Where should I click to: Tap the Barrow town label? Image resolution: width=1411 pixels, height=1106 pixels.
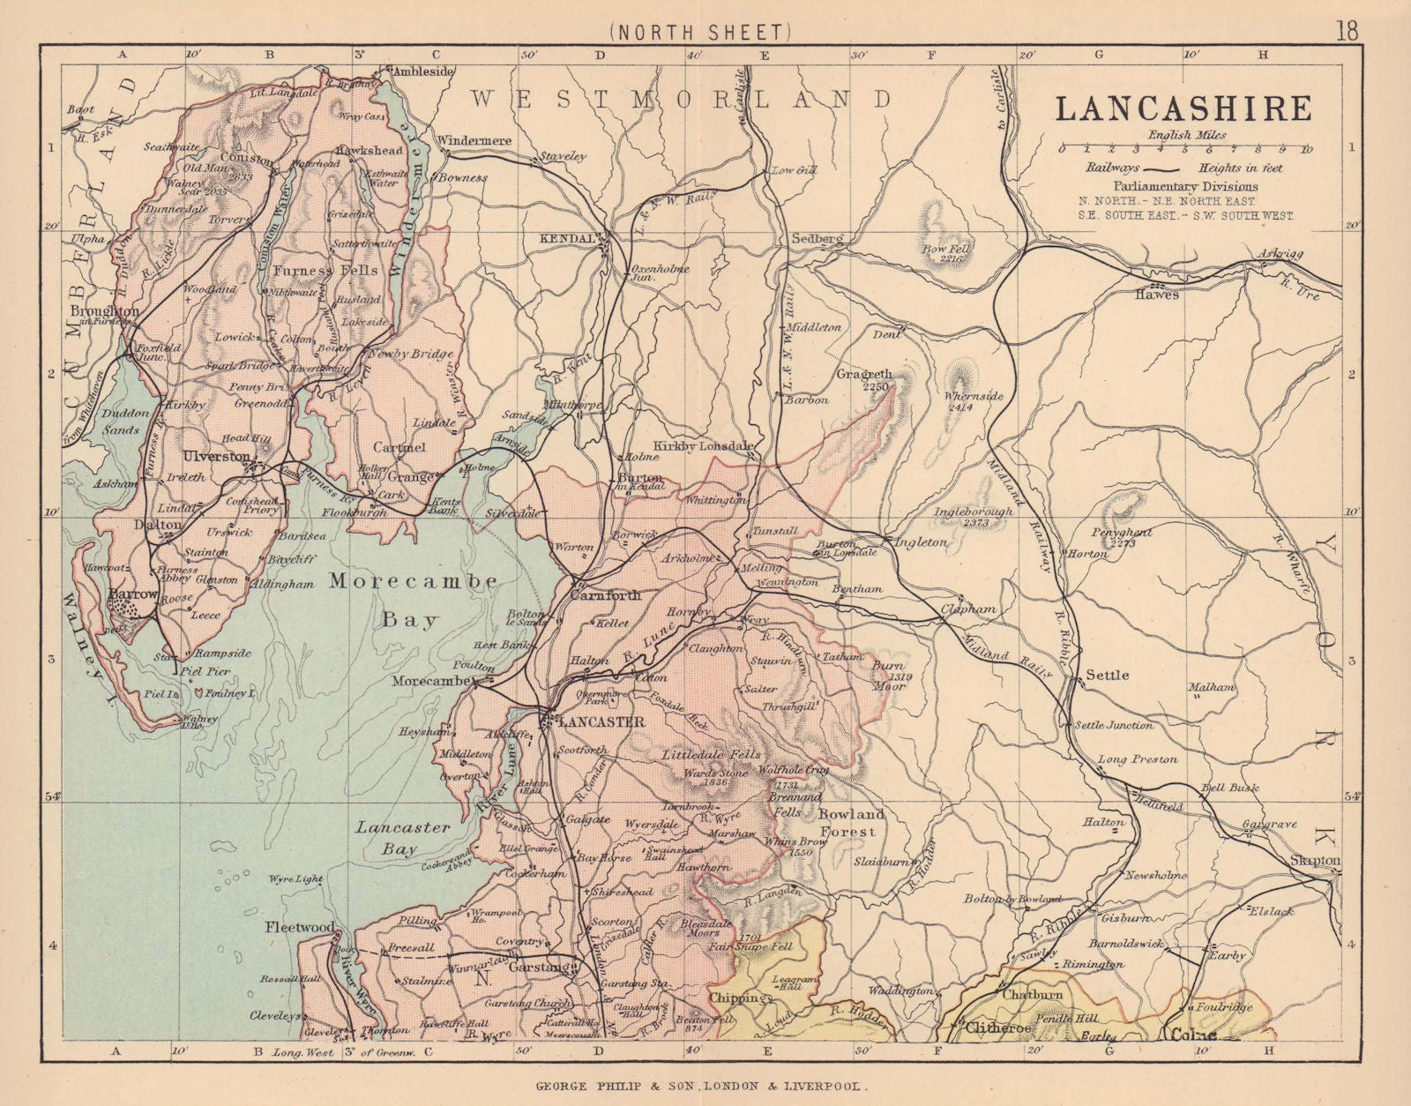[132, 595]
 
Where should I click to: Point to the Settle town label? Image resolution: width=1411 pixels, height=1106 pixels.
[1107, 675]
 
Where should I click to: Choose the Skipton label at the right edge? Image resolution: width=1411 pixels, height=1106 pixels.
[1314, 860]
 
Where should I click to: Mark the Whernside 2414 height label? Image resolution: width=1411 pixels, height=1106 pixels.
[974, 402]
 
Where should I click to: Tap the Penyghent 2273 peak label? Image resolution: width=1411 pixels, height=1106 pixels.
[1120, 538]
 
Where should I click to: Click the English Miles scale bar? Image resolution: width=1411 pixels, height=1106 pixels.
[1185, 149]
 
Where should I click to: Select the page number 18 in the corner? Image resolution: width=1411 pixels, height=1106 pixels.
[1347, 31]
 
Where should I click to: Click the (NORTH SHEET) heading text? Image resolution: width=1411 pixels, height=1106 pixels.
[697, 33]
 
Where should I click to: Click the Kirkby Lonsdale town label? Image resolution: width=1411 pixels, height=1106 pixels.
[703, 446]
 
